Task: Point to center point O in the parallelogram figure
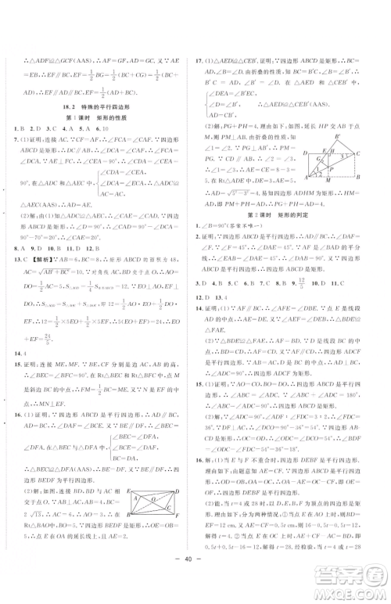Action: click(154, 520)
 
